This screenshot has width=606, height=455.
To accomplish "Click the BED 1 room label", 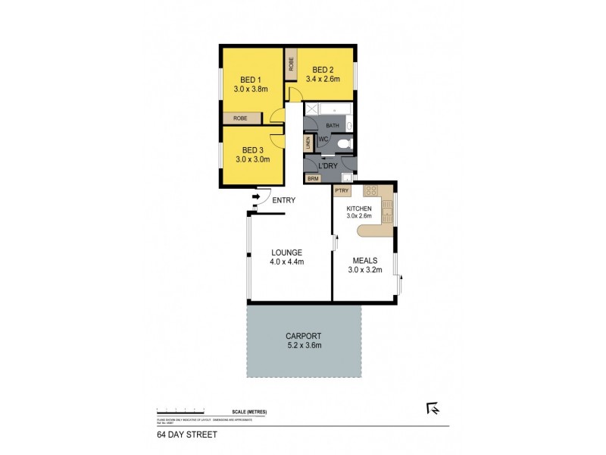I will coord(250,79).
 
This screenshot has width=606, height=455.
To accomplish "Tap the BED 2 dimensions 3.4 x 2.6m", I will coord(323,78).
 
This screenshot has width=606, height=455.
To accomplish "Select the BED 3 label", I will coord(252,149).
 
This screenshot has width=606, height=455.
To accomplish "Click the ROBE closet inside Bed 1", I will coord(240,118).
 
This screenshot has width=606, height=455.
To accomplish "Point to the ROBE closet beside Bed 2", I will coord(290,64).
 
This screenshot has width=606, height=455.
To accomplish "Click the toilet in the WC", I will coord(343,143).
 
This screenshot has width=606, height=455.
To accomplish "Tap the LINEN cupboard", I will coord(308,143).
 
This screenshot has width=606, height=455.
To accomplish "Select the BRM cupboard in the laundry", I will coord(312,179).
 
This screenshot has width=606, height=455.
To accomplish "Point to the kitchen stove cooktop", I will coord(371,190).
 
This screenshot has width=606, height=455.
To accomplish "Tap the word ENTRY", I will coord(283,200).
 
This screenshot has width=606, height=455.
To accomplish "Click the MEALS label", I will coord(364,259).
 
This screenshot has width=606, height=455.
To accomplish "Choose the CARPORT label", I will coord(303,335).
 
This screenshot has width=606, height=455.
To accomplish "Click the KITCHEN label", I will coord(359,208).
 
